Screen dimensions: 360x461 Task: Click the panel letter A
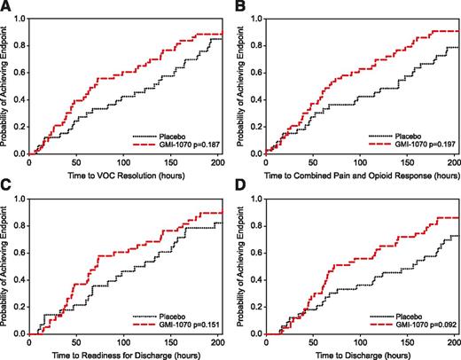click(6, 7)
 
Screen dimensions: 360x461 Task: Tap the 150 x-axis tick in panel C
click(143, 342)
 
